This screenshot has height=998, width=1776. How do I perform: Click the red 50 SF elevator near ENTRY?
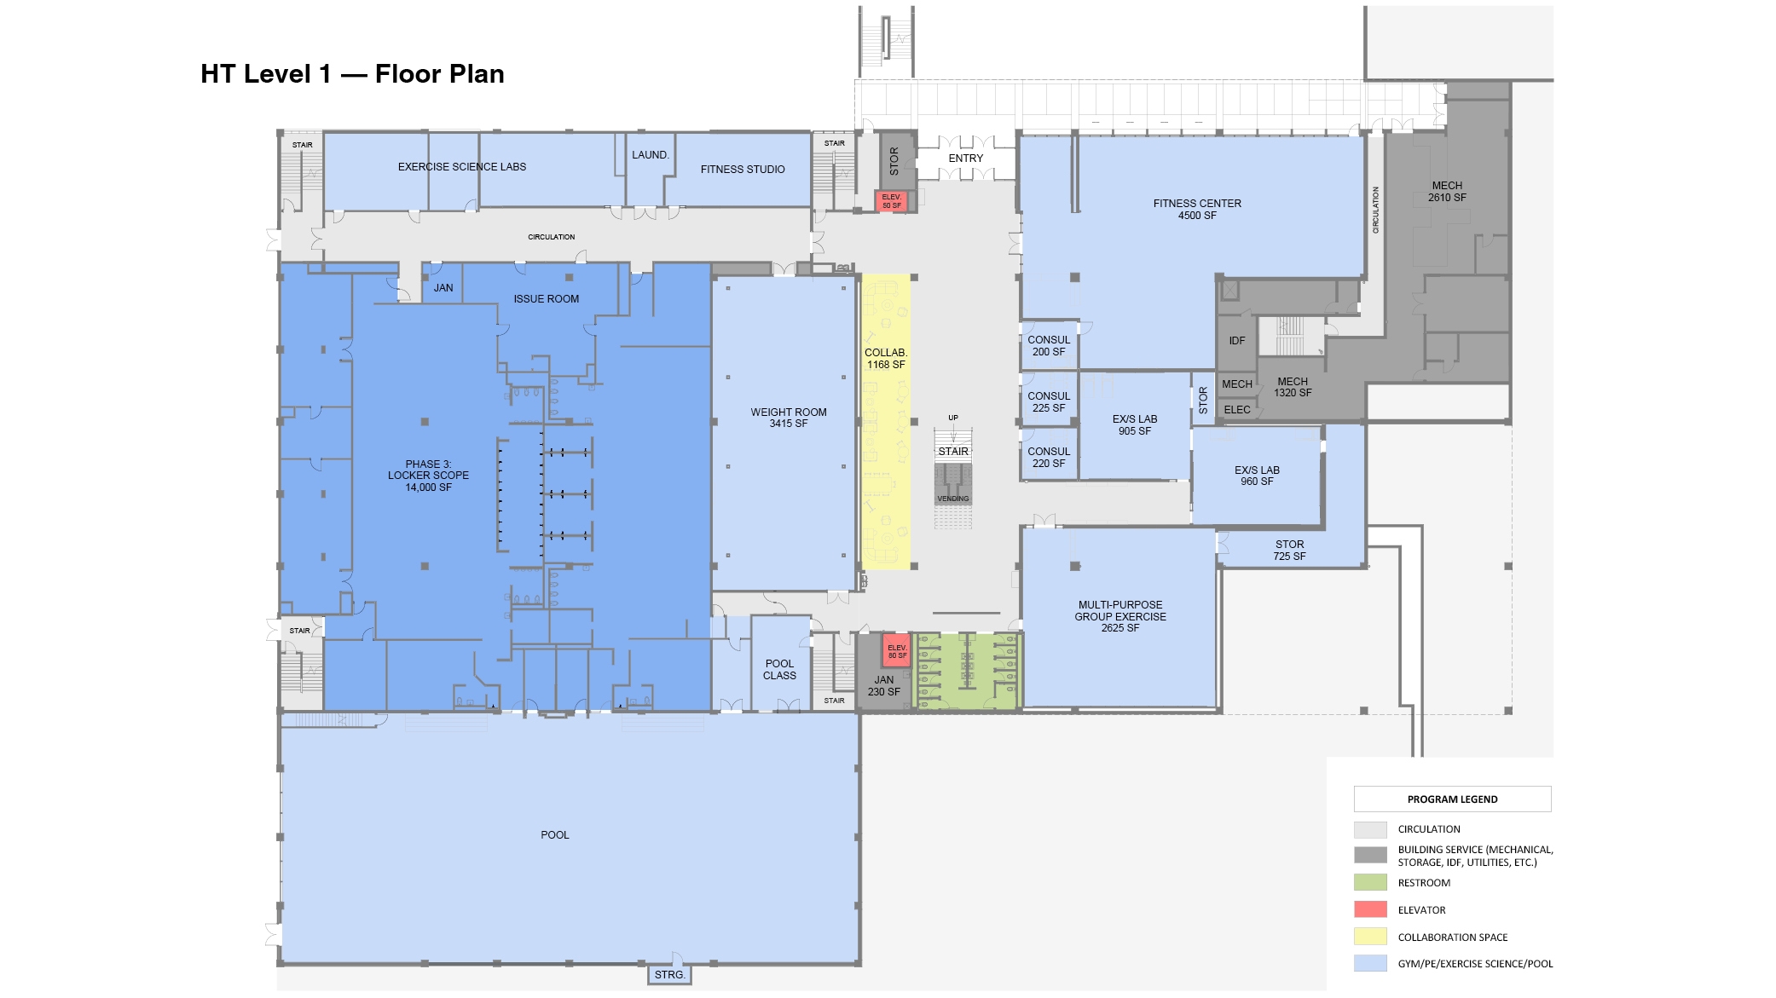[891, 201]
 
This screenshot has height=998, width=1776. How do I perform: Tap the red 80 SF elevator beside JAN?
[897, 651]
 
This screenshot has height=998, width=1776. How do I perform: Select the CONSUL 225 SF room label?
[1048, 401]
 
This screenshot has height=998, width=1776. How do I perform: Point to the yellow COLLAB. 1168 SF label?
[886, 359]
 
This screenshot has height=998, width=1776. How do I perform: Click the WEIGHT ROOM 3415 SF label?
[788, 418]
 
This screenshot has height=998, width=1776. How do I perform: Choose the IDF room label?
[1236, 341]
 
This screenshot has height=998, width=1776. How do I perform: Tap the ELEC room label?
[1236, 410]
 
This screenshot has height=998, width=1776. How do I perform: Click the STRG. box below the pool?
[669, 974]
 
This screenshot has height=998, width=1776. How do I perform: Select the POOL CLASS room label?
[779, 669]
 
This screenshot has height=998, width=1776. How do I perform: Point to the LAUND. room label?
[650, 155]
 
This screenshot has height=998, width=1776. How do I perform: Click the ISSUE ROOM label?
[546, 299]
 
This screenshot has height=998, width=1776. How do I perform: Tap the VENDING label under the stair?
[952, 499]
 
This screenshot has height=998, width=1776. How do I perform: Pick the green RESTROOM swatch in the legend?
[1370, 882]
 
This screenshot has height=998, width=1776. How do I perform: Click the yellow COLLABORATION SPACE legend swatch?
[1370, 937]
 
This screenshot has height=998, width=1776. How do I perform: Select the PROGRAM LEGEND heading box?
[1451, 799]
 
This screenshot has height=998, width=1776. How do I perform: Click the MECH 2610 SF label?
[1447, 191]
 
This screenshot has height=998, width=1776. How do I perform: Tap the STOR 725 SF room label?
[1289, 550]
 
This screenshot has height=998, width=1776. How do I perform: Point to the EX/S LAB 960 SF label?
[1257, 476]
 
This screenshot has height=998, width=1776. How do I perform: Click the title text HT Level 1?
[265, 74]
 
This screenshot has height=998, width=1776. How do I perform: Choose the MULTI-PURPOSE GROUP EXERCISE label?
[1119, 616]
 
